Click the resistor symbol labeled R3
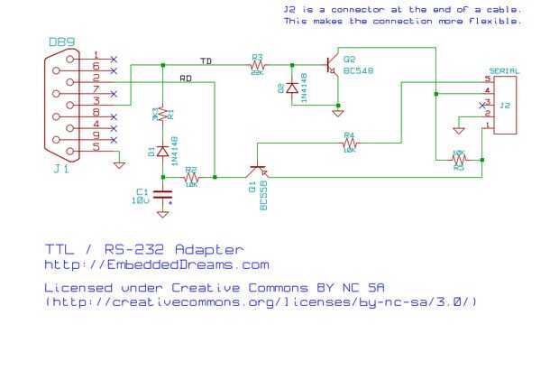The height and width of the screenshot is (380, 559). (x=257, y=64)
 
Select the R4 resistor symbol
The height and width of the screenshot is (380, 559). (x=349, y=143)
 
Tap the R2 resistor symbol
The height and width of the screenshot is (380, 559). (x=191, y=178)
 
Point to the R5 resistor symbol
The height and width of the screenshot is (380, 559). (x=458, y=160)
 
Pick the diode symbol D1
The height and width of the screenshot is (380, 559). (x=163, y=152)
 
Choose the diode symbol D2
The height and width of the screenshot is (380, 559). (x=292, y=88)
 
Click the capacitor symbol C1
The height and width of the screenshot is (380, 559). (x=163, y=194)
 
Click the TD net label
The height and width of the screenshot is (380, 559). (x=206, y=60)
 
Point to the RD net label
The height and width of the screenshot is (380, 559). (x=186, y=79)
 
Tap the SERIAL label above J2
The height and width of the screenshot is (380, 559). (x=503, y=70)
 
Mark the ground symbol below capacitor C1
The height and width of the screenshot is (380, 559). (x=163, y=214)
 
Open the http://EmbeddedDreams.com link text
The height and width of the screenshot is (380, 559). (x=157, y=265)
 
